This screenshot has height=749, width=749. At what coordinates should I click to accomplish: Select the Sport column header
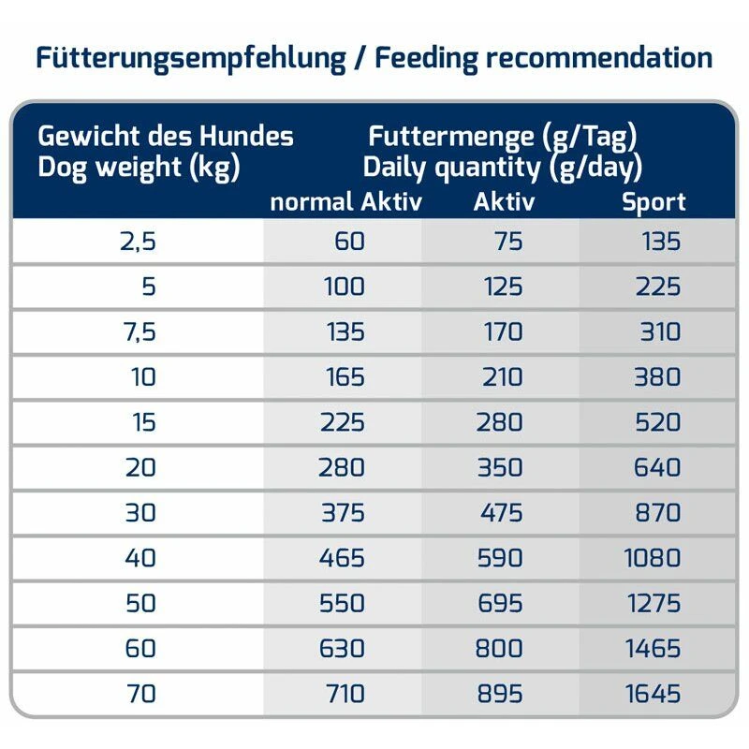[x=654, y=201]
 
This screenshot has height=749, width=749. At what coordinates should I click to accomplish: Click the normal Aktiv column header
[x=345, y=201]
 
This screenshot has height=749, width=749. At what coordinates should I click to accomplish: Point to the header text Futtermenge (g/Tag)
[x=503, y=137]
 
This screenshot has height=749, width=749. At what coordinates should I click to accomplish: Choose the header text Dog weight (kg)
[x=139, y=169]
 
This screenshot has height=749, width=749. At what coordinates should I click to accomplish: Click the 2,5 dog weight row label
[x=137, y=242]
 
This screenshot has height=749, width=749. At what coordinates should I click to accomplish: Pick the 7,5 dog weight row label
[x=137, y=332]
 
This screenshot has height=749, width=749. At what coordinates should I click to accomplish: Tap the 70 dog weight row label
[x=140, y=695]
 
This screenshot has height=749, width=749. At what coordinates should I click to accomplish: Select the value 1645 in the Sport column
[x=653, y=695]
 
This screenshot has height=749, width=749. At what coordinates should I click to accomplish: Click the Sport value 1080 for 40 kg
[x=653, y=559]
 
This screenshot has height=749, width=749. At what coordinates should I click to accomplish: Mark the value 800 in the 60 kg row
[x=499, y=649]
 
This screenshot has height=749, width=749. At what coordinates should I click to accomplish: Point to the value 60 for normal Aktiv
[x=348, y=242]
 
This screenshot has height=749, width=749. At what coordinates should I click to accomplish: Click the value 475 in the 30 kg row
[x=499, y=513]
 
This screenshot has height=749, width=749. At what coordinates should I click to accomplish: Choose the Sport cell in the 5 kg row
[x=657, y=286]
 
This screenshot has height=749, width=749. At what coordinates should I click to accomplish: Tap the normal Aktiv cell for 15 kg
[x=340, y=423]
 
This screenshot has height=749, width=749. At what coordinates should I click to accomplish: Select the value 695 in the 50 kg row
[x=499, y=604]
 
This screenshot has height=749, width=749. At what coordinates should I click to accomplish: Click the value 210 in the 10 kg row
[x=501, y=377]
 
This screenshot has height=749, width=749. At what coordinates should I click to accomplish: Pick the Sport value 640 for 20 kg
[x=657, y=468]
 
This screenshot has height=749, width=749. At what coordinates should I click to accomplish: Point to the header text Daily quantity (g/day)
[x=503, y=169]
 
